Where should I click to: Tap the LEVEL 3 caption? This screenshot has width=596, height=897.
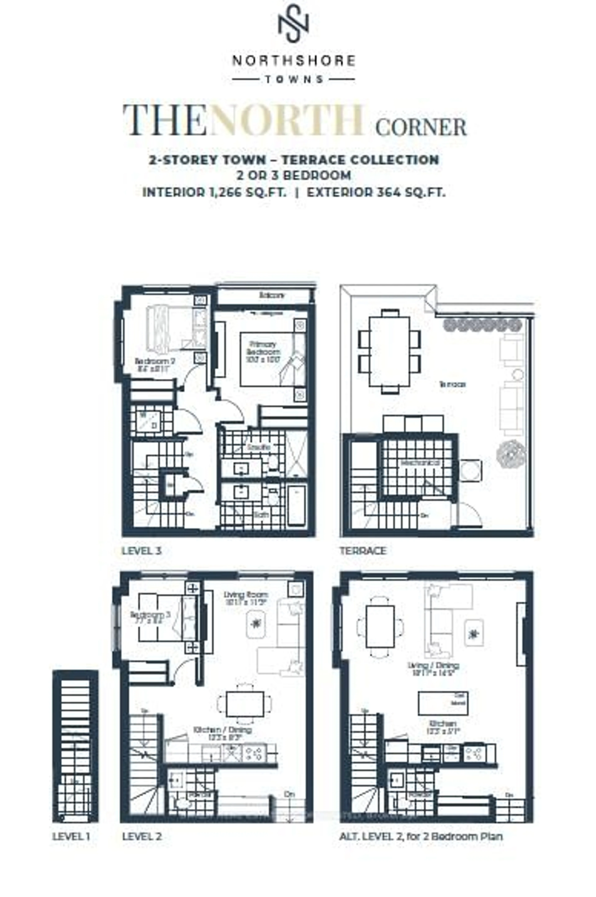pyautogui.click(x=141, y=551)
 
